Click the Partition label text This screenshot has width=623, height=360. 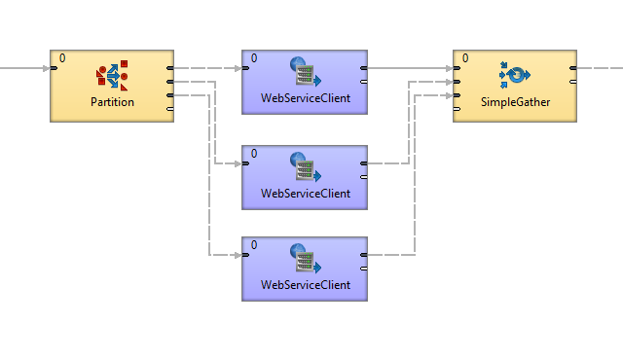pyautogui.click(x=112, y=102)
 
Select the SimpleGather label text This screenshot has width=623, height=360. pyautogui.click(x=515, y=102)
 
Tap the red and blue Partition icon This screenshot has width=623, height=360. pyautogui.click(x=112, y=76)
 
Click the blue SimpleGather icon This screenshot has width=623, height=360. pyautogui.click(x=515, y=75)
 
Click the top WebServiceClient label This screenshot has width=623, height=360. pyautogui.click(x=305, y=98)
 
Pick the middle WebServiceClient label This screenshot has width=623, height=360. pyautogui.click(x=305, y=194)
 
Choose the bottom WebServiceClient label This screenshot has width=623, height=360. pyautogui.click(x=305, y=284)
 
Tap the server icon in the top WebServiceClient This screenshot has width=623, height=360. pyautogui.click(x=305, y=71)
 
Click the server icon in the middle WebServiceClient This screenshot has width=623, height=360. pyautogui.click(x=305, y=166)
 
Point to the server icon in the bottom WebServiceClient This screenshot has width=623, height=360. pyautogui.click(x=305, y=259)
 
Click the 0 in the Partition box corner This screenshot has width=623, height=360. pyautogui.click(x=62, y=58)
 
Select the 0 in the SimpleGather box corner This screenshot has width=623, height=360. pyautogui.click(x=465, y=58)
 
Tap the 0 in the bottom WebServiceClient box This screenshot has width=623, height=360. pyautogui.click(x=254, y=245)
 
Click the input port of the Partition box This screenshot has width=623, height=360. pyautogui.click(x=54, y=68)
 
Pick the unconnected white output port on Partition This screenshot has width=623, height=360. pyautogui.click(x=170, y=109)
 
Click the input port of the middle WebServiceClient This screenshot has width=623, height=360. pyautogui.click(x=245, y=163)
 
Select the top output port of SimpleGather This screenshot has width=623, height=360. pyautogui.click(x=573, y=68)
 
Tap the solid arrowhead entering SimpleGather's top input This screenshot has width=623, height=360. pyautogui.click(x=450, y=68)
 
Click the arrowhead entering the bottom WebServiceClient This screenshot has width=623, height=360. pyautogui.click(x=238, y=255)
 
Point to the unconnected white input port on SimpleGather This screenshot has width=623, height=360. pyautogui.click(x=457, y=109)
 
